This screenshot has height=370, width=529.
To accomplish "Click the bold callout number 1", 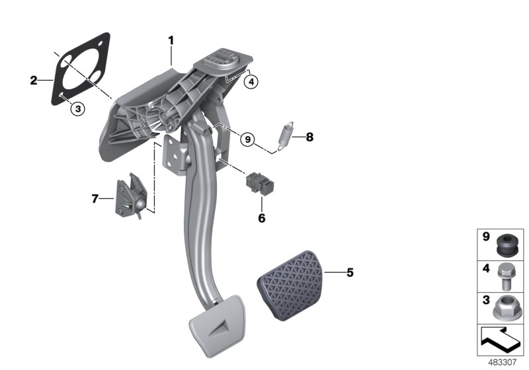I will tap(171, 41).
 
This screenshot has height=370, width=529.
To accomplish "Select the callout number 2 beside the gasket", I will tap(34, 81).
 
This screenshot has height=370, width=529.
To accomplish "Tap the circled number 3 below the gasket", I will tap(77, 109).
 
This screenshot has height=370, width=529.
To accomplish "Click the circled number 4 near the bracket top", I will tap(250, 82).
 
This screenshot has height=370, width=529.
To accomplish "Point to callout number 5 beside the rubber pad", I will tap(349, 272).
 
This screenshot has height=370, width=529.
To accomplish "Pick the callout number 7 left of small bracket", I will tap(95, 198).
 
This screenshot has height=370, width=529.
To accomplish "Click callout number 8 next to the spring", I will tap(309, 138).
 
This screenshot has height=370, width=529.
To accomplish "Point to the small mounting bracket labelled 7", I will tap(130, 196).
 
